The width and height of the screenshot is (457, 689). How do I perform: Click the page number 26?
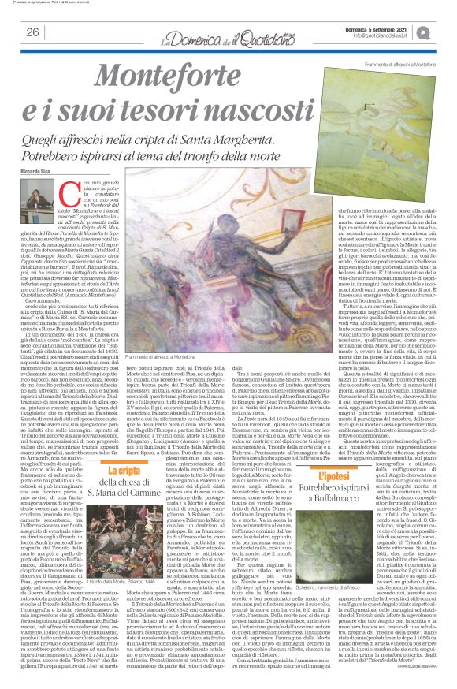click(32, 32)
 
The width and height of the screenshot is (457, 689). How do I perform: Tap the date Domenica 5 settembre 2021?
click(381, 28)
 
